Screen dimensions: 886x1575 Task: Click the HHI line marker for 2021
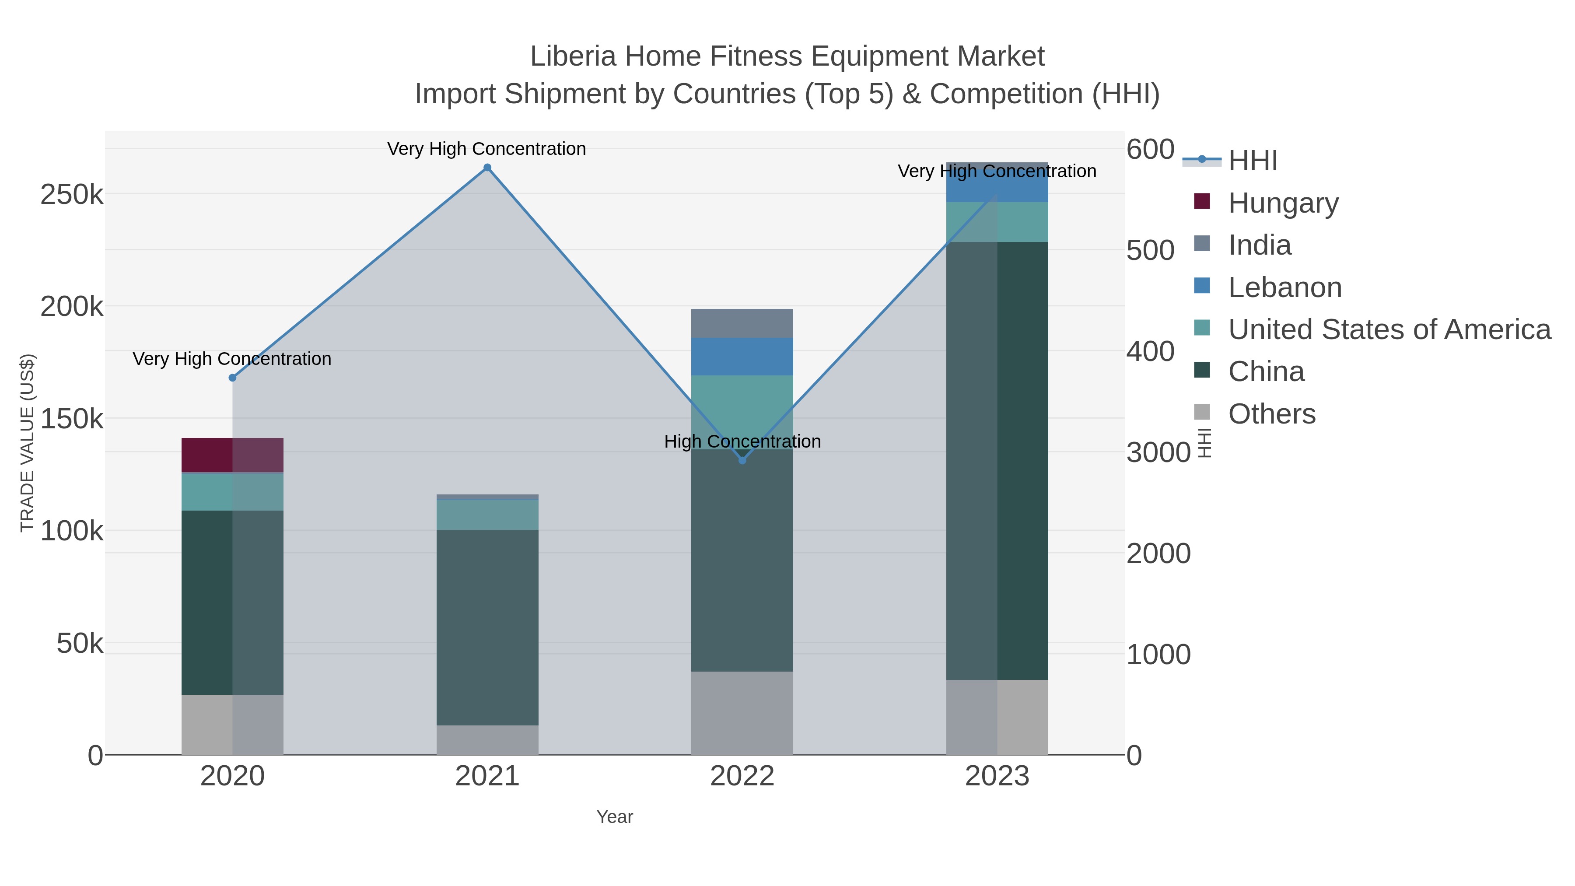[x=487, y=168]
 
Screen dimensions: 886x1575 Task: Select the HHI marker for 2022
[x=742, y=460]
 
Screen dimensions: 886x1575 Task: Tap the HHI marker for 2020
[x=232, y=378]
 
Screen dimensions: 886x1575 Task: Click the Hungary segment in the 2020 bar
[x=232, y=455]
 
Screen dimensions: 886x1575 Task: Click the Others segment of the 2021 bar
[x=487, y=739]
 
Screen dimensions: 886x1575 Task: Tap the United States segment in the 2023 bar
[x=997, y=222]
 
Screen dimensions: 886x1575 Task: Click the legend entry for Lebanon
[x=1284, y=287]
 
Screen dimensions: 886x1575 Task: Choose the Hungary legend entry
[x=1283, y=203]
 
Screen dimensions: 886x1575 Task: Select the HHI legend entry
[x=1252, y=161]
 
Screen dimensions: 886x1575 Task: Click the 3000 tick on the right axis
[x=1158, y=452]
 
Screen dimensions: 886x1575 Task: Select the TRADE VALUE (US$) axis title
[x=28, y=443]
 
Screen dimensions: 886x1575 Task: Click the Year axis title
[x=615, y=817]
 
